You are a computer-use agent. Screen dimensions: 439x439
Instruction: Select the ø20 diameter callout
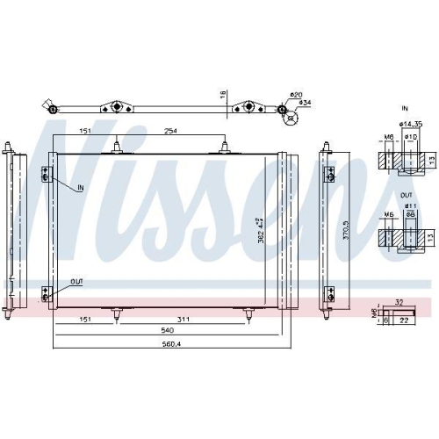point(296,95)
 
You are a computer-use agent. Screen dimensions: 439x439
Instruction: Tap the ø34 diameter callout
point(305,103)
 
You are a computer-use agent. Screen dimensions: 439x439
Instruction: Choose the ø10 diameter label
point(411,137)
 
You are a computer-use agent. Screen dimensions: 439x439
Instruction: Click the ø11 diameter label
point(410,206)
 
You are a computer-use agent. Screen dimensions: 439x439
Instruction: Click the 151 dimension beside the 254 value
point(85,131)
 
